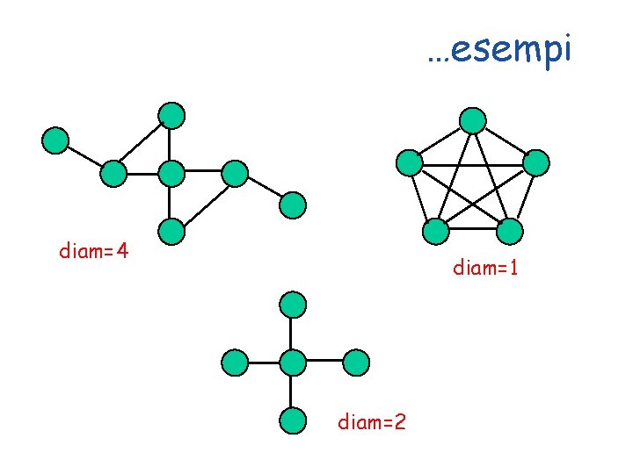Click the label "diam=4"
tap(94, 252)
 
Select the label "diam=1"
tap(485, 268)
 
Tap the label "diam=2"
tap(372, 422)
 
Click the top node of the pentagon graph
tap(473, 119)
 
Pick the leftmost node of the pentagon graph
tap(409, 162)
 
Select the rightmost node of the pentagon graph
tap(536, 162)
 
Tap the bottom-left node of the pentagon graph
tap(434, 232)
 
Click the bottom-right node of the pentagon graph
tap(509, 232)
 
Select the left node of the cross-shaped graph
tap(234, 362)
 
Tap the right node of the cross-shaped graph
tap(355, 362)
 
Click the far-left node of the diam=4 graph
tap(55, 140)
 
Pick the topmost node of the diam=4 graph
tap(172, 114)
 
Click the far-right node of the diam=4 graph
tap(293, 205)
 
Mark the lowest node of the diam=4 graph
tap(171, 232)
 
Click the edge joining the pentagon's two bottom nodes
tap(471, 232)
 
